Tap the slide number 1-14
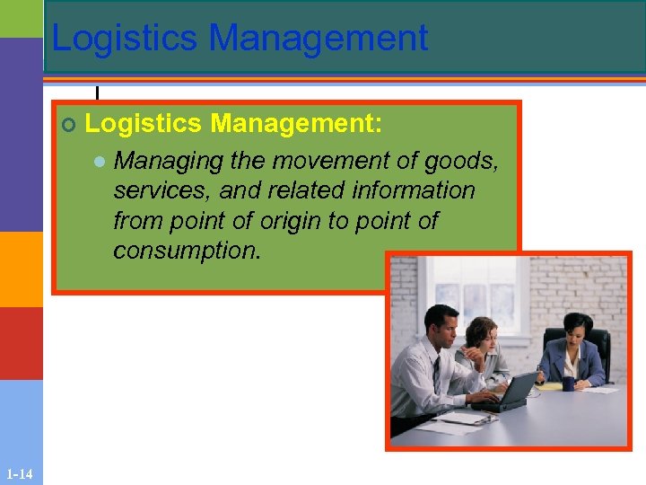(x=19, y=474)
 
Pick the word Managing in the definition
(x=169, y=161)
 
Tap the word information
(x=414, y=190)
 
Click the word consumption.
(x=187, y=250)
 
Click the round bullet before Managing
(x=100, y=162)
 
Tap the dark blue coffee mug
(x=568, y=384)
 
